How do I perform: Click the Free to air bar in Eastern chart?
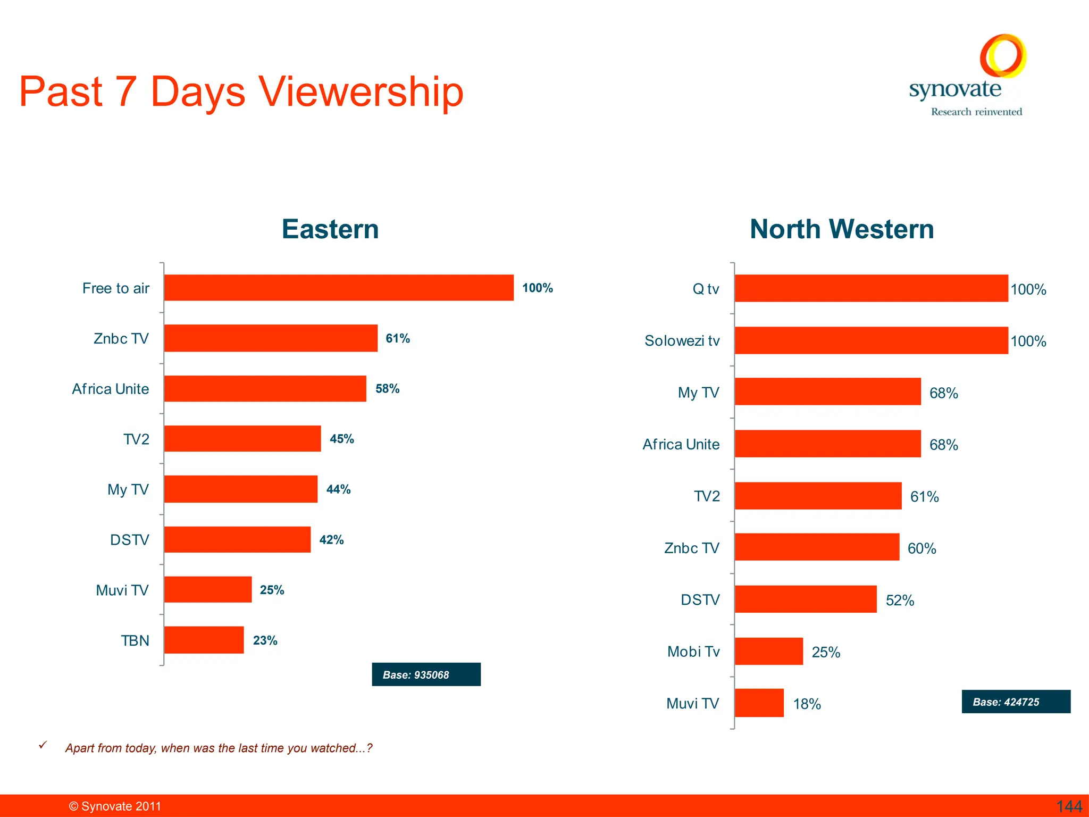point(339,288)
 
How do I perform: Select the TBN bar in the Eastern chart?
point(204,640)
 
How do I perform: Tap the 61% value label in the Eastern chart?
point(398,338)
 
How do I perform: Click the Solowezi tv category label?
point(682,340)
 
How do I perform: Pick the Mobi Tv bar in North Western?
point(768,651)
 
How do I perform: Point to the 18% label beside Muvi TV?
point(807,704)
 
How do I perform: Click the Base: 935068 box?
point(426,674)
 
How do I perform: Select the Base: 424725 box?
point(1016,702)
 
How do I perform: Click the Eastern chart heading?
point(330,229)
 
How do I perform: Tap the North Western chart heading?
point(842,229)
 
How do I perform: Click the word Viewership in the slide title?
point(361,92)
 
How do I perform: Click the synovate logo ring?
point(1003,55)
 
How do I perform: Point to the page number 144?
point(1069,806)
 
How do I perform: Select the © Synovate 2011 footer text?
point(115,806)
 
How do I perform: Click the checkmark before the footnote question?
point(43,745)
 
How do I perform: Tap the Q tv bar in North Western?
point(871,288)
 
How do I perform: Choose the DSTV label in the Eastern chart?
point(129,540)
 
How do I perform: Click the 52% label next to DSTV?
point(900,600)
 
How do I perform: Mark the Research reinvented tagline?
point(976,112)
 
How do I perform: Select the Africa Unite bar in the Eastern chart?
point(265,389)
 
